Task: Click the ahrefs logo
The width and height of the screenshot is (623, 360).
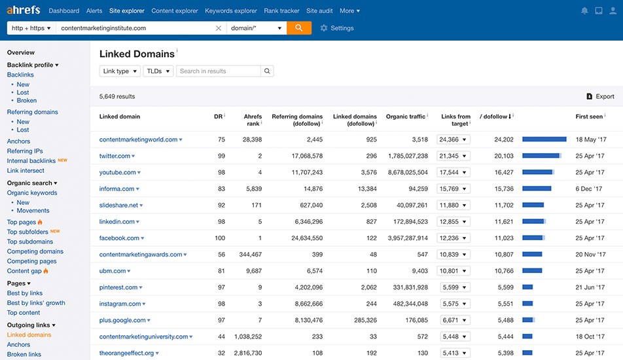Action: pyautogui.click(x=24, y=10)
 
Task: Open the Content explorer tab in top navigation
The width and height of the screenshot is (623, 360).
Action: pyautogui.click(x=175, y=10)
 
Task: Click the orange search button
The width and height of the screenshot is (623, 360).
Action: pyautogui.click(x=299, y=28)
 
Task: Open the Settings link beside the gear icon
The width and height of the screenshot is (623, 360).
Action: pyautogui.click(x=342, y=28)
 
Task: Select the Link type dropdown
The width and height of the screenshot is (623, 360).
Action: pyautogui.click(x=120, y=71)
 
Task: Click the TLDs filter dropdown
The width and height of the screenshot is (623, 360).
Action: pyautogui.click(x=158, y=71)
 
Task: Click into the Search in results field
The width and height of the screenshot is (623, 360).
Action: pyautogui.click(x=219, y=71)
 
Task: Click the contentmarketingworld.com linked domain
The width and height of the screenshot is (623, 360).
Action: pyautogui.click(x=138, y=139)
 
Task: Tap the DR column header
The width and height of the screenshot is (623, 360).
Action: pyautogui.click(x=218, y=117)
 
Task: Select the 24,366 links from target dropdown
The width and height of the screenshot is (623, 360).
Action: pyautogui.click(x=454, y=139)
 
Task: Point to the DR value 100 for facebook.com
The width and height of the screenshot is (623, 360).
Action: pyautogui.click(x=219, y=238)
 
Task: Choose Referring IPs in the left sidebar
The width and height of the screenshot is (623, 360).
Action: pyautogui.click(x=25, y=151)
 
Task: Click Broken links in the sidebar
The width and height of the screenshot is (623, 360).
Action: pyautogui.click(x=24, y=354)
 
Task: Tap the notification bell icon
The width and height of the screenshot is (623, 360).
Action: pyautogui.click(x=584, y=10)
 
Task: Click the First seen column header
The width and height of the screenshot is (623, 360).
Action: pyautogui.click(x=589, y=117)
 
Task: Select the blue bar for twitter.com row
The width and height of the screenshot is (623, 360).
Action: pyautogui.click(x=541, y=156)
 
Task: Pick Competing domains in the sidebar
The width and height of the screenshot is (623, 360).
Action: pyautogui.click(x=35, y=251)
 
